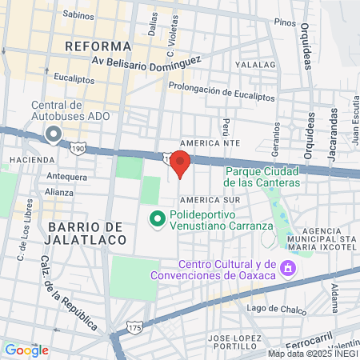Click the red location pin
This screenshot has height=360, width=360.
180,162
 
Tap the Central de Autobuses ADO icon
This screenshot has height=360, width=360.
53,134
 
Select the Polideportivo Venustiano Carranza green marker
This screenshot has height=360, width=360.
158,218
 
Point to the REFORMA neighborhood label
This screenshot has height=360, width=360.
98,46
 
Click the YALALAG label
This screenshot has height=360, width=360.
255,64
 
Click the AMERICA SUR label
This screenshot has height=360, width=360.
209,198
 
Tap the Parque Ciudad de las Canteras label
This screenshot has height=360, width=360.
262,177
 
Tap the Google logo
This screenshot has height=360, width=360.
26,350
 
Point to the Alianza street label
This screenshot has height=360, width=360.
59,192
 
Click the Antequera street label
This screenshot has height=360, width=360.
66,175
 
